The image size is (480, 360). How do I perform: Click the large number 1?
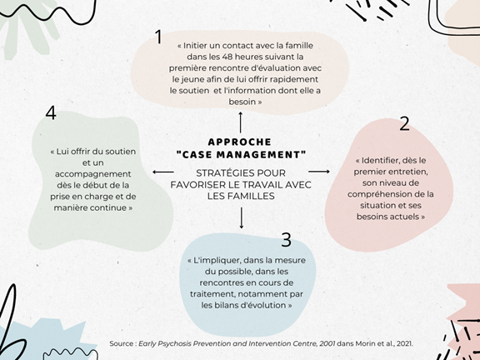tap(158, 37)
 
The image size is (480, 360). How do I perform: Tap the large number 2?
tap(404, 124)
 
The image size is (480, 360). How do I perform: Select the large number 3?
tap(286, 240)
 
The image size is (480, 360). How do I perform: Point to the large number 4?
tap(51, 112)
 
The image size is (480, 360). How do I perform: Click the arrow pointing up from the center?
tap(241, 122)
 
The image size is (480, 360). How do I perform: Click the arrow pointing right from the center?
tap(319, 172)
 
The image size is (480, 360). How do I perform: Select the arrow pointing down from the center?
tap(241, 218)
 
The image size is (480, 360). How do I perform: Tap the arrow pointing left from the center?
tap(163, 172)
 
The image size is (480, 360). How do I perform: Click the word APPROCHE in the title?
tap(240, 142)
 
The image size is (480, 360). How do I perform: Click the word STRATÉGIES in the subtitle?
tap(219, 173)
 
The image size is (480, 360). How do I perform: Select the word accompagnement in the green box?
tap(93, 174)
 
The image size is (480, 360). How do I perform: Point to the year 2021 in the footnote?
tap(404, 343)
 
